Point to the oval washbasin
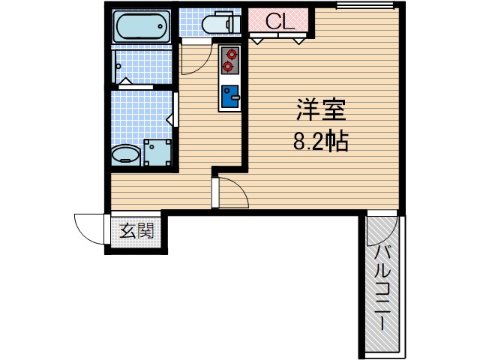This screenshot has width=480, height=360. tap(124, 155)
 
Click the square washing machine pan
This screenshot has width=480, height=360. tap(157, 152)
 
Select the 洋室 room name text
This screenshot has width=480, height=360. tap(320, 112)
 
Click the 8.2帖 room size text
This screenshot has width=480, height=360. tap(320, 142)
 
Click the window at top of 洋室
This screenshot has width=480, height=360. tap(356, 6)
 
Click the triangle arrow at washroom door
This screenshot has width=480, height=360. tap(170, 118)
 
